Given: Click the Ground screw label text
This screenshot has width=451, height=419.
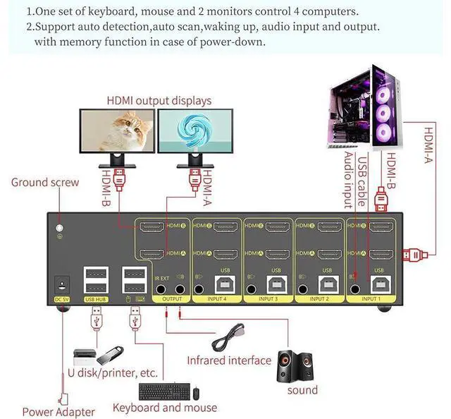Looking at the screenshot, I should click(x=45, y=183).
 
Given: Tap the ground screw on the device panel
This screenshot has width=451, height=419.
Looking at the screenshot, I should click(x=61, y=229).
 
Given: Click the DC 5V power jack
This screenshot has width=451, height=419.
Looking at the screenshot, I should click(x=62, y=286).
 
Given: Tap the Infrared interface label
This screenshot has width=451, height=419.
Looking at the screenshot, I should click(x=228, y=360).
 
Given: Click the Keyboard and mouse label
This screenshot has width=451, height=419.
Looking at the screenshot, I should click(x=165, y=407).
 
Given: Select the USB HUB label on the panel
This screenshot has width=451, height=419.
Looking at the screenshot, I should click(x=95, y=299).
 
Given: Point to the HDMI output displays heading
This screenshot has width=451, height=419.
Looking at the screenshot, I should click(x=159, y=101).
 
